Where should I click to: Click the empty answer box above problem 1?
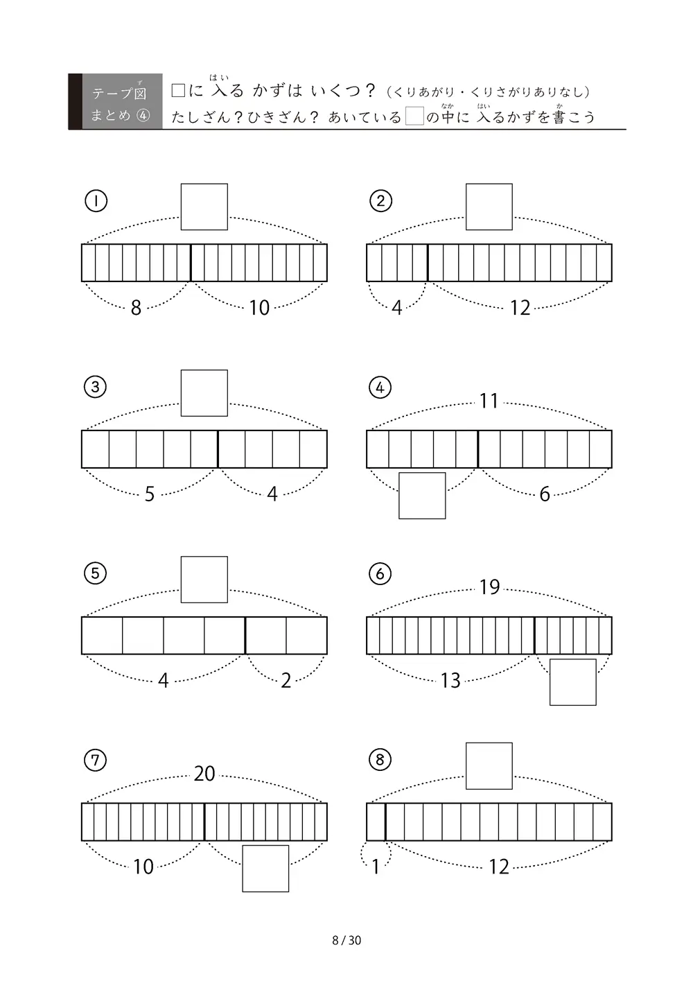[204, 207]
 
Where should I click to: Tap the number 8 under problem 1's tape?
[136, 307]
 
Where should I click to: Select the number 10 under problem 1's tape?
[259, 307]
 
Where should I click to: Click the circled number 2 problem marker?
[380, 201]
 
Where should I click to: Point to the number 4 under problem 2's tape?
[396, 307]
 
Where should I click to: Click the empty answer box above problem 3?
[204, 393]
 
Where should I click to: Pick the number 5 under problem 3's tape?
[150, 494]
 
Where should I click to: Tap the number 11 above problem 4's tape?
[489, 401]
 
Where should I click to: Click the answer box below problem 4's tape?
[422, 496]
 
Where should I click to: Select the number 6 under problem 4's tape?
[545, 494]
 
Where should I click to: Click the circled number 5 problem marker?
[95, 573]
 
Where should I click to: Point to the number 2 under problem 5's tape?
[286, 680]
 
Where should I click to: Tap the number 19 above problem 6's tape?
[489, 587]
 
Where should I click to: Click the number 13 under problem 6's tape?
[450, 680]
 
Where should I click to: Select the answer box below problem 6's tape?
[572, 682]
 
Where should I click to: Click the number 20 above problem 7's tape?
[204, 774]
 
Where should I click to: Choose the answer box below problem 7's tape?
[265, 869]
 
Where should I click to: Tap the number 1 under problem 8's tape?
[375, 867]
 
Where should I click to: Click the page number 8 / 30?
[346, 940]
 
